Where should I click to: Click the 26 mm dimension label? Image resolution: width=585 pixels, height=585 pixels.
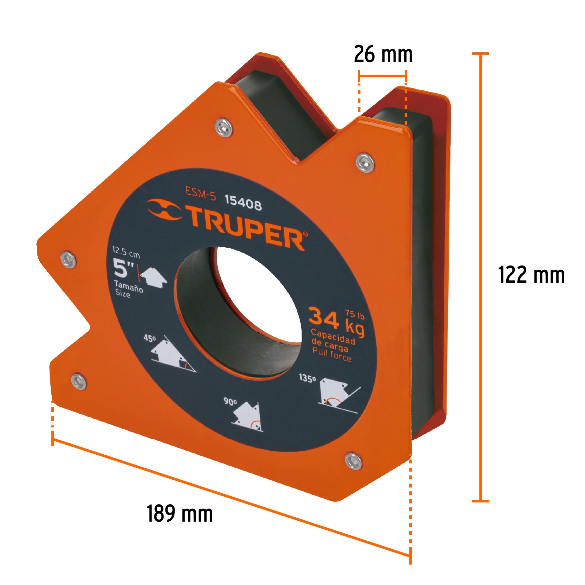click(383, 54)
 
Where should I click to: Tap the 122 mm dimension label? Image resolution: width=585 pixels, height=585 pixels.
click(531, 275)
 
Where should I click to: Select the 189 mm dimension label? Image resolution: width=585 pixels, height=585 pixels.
click(179, 513)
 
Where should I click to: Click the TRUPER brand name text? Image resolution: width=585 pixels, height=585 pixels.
click(246, 228)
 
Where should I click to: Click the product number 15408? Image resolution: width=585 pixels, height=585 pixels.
click(243, 203)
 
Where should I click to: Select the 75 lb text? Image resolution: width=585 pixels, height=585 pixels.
click(355, 314)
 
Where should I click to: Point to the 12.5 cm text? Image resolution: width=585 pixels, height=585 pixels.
click(126, 252)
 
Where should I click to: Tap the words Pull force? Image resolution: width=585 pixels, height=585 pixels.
click(332, 354)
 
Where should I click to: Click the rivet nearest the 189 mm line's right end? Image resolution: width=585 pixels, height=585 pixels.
click(353, 461)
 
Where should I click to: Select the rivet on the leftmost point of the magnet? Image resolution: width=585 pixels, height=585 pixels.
click(69, 259)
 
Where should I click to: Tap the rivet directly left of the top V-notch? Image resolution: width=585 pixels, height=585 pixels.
click(224, 127)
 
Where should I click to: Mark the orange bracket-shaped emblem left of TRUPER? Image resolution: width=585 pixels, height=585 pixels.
click(164, 210)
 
